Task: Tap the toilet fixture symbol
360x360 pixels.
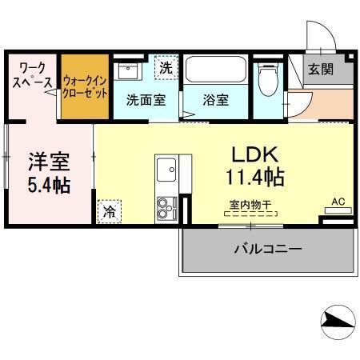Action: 269,81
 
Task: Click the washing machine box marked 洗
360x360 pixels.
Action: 165,68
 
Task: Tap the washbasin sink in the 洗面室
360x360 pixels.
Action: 129,71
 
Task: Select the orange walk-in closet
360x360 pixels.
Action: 85,86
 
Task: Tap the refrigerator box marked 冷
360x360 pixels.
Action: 108,213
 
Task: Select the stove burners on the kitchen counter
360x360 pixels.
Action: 167,207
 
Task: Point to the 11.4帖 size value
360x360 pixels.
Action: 254,175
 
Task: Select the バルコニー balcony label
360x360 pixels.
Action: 268,249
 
